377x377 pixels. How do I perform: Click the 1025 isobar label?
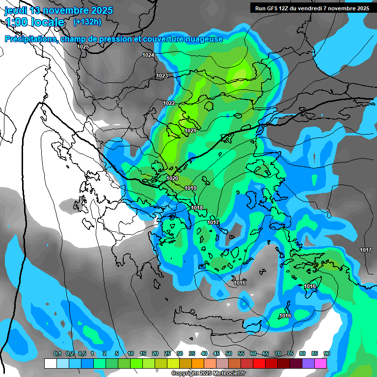(x=83, y=47)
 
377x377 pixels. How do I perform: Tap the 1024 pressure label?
(x=148, y=55)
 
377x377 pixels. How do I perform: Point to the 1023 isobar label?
(x=162, y=76)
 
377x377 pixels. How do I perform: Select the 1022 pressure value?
(x=169, y=103)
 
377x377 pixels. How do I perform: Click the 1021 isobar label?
(x=190, y=131)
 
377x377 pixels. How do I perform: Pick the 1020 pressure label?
(x=172, y=178)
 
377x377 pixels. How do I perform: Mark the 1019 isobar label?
(x=190, y=188)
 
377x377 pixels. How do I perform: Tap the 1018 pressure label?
(x=197, y=208)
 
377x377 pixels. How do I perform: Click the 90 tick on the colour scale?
(x=326, y=353)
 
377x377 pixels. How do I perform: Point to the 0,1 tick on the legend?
(x=57, y=353)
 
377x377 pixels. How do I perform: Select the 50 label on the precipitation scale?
(x=228, y=353)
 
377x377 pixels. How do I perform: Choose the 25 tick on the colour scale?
(x=167, y=353)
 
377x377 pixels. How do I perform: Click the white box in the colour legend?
(x=50, y=363)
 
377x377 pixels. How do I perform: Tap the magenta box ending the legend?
(x=321, y=363)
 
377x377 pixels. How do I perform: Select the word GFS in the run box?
(x=270, y=8)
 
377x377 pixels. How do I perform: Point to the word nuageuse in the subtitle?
(x=202, y=39)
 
